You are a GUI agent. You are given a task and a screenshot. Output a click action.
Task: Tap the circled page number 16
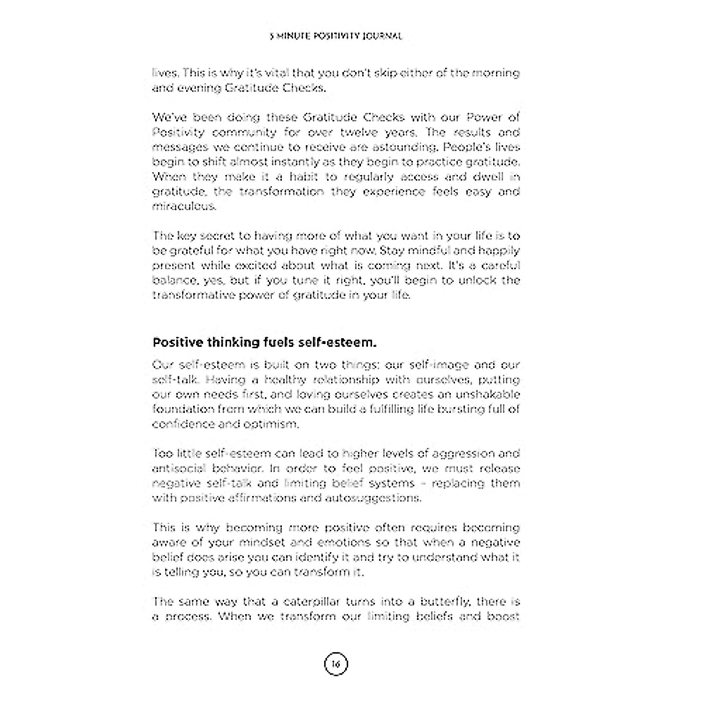336,664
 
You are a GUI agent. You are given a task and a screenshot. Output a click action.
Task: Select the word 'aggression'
455,453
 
